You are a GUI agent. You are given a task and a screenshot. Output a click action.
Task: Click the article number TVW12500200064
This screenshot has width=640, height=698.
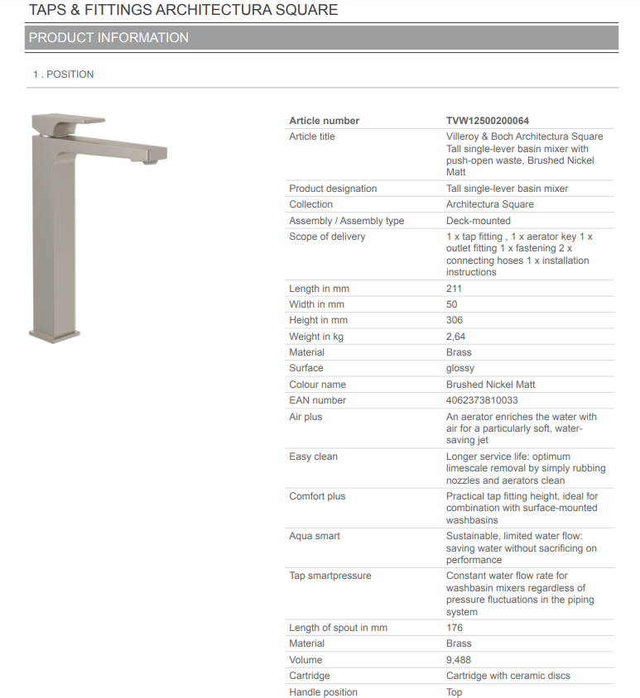click(488, 121)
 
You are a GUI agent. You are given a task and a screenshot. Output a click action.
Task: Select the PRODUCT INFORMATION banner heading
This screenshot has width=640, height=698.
click(108, 38)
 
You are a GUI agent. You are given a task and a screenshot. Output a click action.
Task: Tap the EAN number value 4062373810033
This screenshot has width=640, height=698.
click(483, 400)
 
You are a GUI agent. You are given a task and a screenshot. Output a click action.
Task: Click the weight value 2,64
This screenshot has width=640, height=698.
click(456, 337)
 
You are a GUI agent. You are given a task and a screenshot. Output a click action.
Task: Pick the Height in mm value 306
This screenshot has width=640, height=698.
click(455, 320)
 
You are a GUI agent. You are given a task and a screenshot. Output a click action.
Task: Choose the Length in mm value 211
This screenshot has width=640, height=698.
click(454, 289)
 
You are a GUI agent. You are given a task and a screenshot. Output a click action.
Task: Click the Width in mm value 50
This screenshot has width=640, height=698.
click(452, 304)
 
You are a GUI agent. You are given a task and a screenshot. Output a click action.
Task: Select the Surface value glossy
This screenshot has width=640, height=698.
click(460, 368)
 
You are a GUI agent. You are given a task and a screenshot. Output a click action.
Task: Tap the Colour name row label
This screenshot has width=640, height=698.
click(317, 385)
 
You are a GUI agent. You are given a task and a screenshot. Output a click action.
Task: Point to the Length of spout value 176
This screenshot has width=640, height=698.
click(455, 628)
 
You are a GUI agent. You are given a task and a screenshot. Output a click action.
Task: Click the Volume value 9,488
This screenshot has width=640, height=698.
click(460, 660)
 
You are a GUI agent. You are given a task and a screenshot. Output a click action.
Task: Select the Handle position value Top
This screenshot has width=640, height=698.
click(455, 692)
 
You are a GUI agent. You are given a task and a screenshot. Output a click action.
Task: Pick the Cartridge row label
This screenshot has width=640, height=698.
click(309, 676)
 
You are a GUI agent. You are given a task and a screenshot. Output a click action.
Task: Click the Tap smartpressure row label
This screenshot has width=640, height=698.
click(330, 576)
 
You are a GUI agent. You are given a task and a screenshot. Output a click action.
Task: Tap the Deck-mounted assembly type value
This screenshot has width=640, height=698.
click(479, 221)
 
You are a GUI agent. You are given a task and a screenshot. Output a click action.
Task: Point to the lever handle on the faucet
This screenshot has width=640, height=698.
click(70, 123)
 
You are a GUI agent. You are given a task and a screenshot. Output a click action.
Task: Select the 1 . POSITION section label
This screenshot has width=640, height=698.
click(64, 74)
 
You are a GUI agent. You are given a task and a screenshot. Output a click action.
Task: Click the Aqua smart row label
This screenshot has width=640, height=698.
click(315, 536)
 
